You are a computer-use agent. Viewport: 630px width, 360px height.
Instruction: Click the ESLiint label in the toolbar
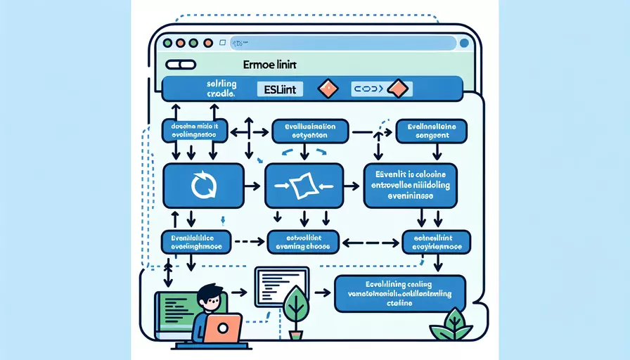279,89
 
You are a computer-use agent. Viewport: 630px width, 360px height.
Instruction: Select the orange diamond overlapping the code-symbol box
398,89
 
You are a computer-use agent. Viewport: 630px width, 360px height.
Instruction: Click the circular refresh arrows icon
202,186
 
